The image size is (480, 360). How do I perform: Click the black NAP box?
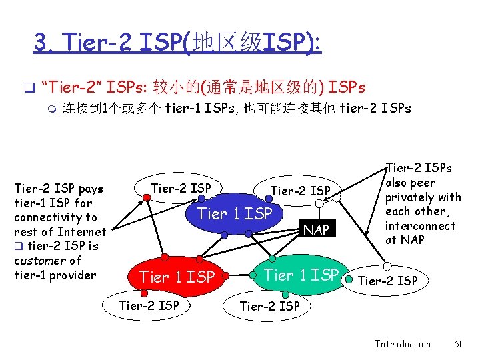coord(315,230)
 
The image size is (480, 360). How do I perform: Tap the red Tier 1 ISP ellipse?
coord(176,276)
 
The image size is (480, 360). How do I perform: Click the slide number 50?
coord(458,344)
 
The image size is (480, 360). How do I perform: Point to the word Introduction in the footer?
coord(402,344)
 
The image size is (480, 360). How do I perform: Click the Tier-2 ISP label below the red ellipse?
coord(149,305)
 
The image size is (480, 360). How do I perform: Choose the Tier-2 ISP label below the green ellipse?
coord(269,306)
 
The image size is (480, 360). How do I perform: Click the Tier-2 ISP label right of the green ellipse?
coord(388,281)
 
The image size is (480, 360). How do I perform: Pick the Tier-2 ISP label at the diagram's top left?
coord(181,189)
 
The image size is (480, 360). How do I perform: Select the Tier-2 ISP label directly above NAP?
coord(300,191)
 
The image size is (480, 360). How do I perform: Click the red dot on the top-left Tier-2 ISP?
coord(146,198)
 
